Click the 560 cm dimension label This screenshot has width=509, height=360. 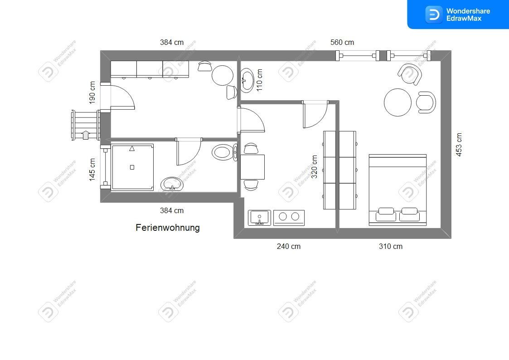342,43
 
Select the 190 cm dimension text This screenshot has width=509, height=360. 92,92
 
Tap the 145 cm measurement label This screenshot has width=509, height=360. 92,170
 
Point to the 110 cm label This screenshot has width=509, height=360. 259,80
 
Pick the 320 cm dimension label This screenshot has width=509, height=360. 314,166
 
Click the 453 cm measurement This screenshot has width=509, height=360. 459,145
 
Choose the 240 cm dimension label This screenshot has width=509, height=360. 289,246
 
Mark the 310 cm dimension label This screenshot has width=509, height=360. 391,246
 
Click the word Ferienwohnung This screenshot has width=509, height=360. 168,228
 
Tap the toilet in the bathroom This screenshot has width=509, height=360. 224,152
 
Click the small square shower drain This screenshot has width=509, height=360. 132,167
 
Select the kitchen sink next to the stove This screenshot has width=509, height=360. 259,218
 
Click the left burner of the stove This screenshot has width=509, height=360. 283,216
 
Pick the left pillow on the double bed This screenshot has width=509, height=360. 386,214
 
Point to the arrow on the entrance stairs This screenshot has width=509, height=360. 85,134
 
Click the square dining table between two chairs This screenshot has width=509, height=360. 252,167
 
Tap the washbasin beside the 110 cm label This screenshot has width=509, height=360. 247,79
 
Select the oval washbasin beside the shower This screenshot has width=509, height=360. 172,185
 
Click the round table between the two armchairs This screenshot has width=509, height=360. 398,102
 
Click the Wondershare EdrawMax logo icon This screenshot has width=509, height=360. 434,15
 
